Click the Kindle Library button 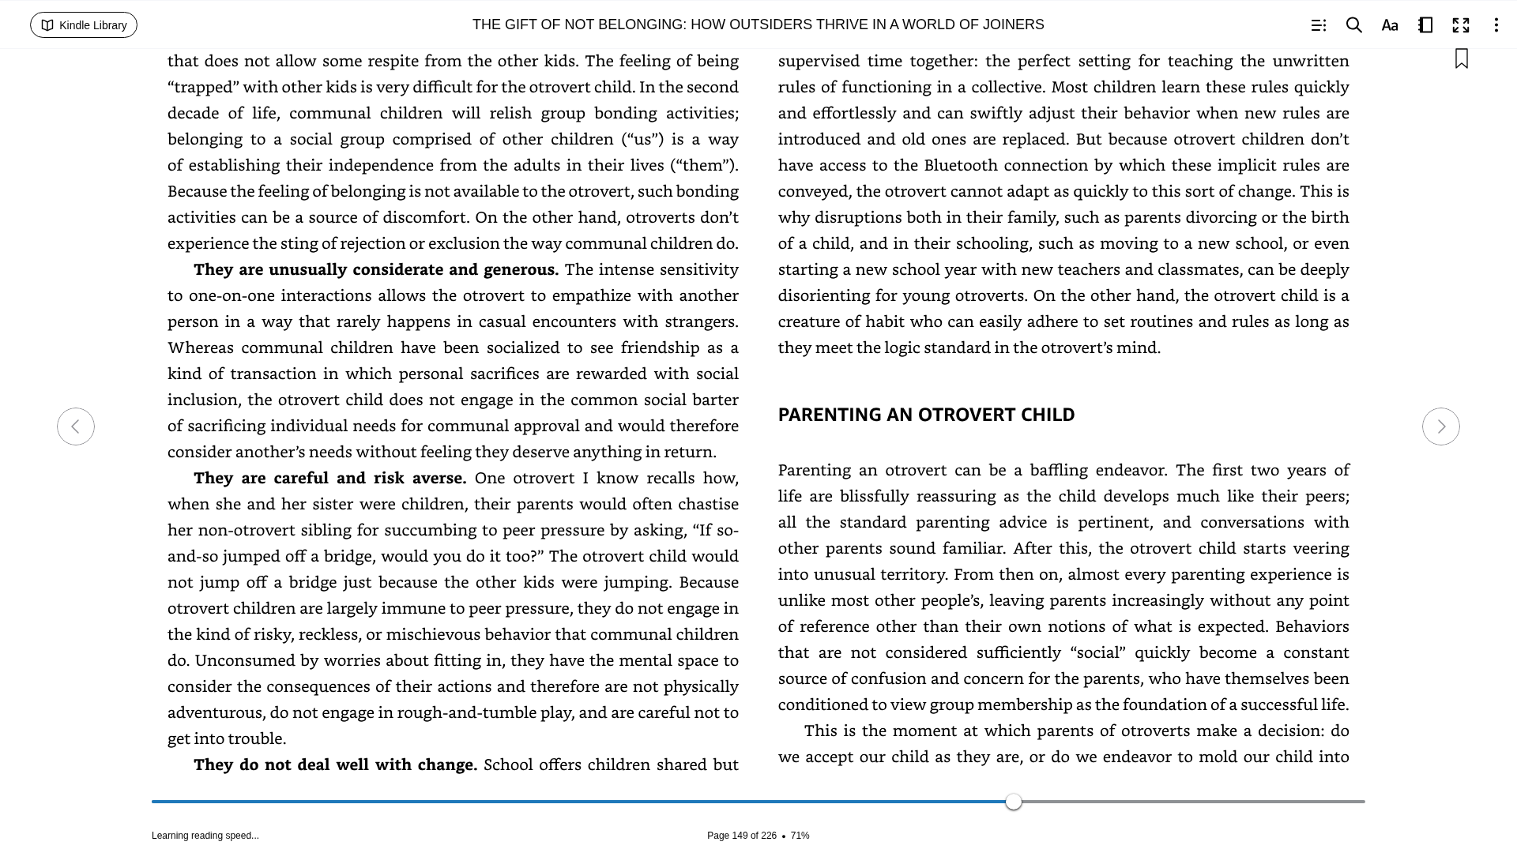(84, 25)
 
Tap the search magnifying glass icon (1353, 25)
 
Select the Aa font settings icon (1389, 25)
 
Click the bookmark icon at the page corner (1461, 59)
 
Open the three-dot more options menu (1496, 25)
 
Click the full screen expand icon (1460, 25)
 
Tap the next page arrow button (1440, 426)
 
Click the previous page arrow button (76, 426)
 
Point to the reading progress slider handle (1014, 802)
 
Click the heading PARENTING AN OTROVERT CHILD (926, 415)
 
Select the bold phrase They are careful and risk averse (329, 478)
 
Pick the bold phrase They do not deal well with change (335, 765)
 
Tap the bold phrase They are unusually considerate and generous (375, 269)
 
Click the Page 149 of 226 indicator (741, 836)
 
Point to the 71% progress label (800, 836)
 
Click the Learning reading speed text (205, 836)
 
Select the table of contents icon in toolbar (1318, 25)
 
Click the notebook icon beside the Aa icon (1425, 25)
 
